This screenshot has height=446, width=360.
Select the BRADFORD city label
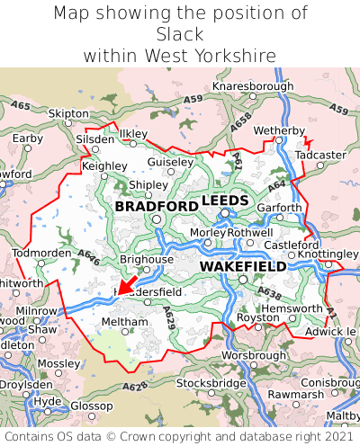[x=157, y=207]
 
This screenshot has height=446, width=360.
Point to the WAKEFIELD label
[x=242, y=267]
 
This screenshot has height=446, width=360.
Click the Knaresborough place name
[x=253, y=86]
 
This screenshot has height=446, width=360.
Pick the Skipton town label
[x=68, y=114]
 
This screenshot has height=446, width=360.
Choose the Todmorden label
[x=41, y=253]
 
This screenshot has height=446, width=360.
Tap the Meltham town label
[x=118, y=321]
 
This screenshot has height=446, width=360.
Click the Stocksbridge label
[x=211, y=383]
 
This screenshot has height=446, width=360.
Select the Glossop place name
[x=91, y=406]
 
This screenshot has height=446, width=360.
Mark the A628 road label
[x=135, y=387]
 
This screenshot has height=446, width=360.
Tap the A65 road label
[x=20, y=106]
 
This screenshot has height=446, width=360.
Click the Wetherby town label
[x=280, y=131]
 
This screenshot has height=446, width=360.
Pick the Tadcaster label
[x=320, y=155]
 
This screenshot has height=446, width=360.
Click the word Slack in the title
[x=179, y=34]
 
